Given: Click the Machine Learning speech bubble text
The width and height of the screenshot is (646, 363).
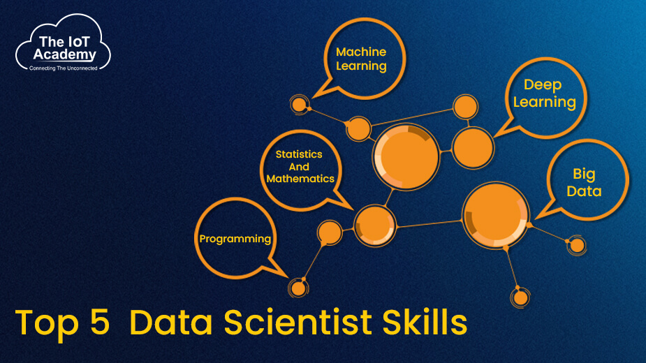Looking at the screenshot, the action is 361,59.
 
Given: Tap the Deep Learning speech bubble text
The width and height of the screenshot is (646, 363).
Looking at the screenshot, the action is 544,94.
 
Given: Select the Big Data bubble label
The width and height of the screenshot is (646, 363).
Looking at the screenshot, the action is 584,182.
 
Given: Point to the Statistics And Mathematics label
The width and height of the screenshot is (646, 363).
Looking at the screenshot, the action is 300,166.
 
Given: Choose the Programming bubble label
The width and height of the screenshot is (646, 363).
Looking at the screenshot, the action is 235,239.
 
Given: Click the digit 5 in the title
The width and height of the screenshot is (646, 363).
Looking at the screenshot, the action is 100,322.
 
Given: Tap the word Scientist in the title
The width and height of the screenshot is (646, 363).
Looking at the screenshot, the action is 298,322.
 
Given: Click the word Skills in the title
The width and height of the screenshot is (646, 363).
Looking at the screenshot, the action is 425,321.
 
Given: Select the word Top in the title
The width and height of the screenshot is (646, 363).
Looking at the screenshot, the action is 47,324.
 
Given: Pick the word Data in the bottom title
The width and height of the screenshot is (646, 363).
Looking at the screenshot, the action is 171,322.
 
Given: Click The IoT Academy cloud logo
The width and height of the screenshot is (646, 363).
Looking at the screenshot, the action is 64,43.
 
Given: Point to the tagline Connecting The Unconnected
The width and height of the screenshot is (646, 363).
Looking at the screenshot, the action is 64,68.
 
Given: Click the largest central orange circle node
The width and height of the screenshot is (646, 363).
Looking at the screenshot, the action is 406,156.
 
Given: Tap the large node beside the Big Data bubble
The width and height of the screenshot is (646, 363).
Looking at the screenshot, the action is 495,215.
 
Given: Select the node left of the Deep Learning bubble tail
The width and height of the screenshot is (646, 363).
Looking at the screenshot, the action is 473,147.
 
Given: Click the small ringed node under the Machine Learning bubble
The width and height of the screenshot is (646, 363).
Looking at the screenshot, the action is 299,105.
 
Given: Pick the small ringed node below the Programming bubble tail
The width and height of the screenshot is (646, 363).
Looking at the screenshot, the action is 298,288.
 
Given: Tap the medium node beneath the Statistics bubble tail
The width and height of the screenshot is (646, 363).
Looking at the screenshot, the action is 374,225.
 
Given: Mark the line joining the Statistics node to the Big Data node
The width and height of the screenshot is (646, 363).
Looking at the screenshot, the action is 429,224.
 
